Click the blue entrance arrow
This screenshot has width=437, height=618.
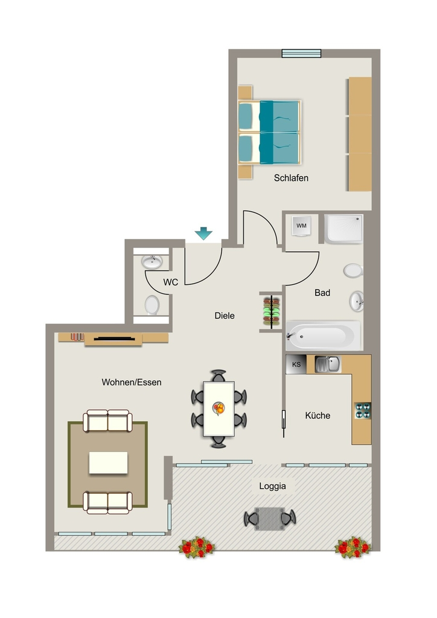[x=203, y=233]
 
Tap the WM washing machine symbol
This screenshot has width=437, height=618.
[x=301, y=226]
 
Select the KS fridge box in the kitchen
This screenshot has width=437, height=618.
[x=296, y=365]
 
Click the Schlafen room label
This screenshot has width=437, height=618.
[x=291, y=178]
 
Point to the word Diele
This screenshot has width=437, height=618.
[x=225, y=316]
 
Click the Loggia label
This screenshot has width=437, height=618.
[x=272, y=486]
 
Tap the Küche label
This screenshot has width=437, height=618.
[x=317, y=415]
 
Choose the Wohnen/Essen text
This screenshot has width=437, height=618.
[x=132, y=382]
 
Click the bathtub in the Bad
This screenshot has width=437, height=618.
[x=323, y=336]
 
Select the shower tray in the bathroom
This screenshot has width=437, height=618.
[x=343, y=228]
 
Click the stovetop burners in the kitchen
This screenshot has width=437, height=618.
[x=363, y=410]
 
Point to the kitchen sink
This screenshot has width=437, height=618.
[x=328, y=364]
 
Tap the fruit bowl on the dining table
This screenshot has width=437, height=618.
[x=218, y=409]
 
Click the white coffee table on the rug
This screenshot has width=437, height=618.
[x=109, y=463]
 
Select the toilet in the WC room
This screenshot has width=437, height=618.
[x=152, y=305]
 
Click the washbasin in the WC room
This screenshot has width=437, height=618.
[x=152, y=262]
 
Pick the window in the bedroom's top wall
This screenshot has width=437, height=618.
[x=301, y=53]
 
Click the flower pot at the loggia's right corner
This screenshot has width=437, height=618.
[x=352, y=547]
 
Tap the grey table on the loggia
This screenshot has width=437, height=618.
[x=270, y=518]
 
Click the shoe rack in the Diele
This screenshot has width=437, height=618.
[x=272, y=311]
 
